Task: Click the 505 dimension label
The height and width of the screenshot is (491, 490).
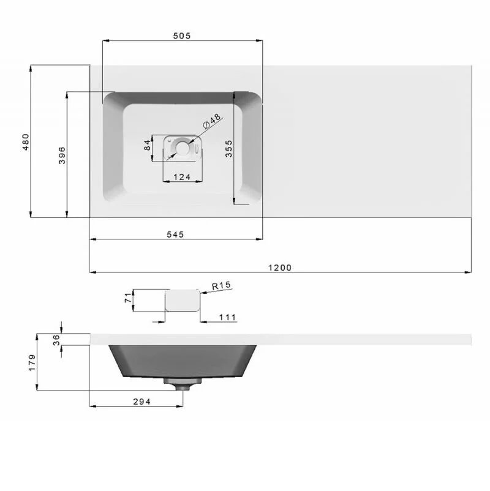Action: click(182, 36)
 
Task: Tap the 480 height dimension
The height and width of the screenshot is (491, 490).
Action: click(26, 142)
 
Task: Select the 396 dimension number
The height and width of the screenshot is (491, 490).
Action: click(62, 156)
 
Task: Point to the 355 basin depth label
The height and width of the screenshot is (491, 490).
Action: click(229, 148)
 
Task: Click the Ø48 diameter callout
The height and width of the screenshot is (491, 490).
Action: click(212, 121)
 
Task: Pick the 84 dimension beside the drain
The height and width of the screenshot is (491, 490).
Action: click(147, 145)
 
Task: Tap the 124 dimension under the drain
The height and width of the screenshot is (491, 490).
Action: click(182, 177)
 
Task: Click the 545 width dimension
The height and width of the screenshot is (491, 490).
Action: click(175, 234)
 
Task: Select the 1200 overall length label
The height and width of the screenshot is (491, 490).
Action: click(280, 268)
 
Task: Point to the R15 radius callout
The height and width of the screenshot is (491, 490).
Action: click(221, 285)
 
